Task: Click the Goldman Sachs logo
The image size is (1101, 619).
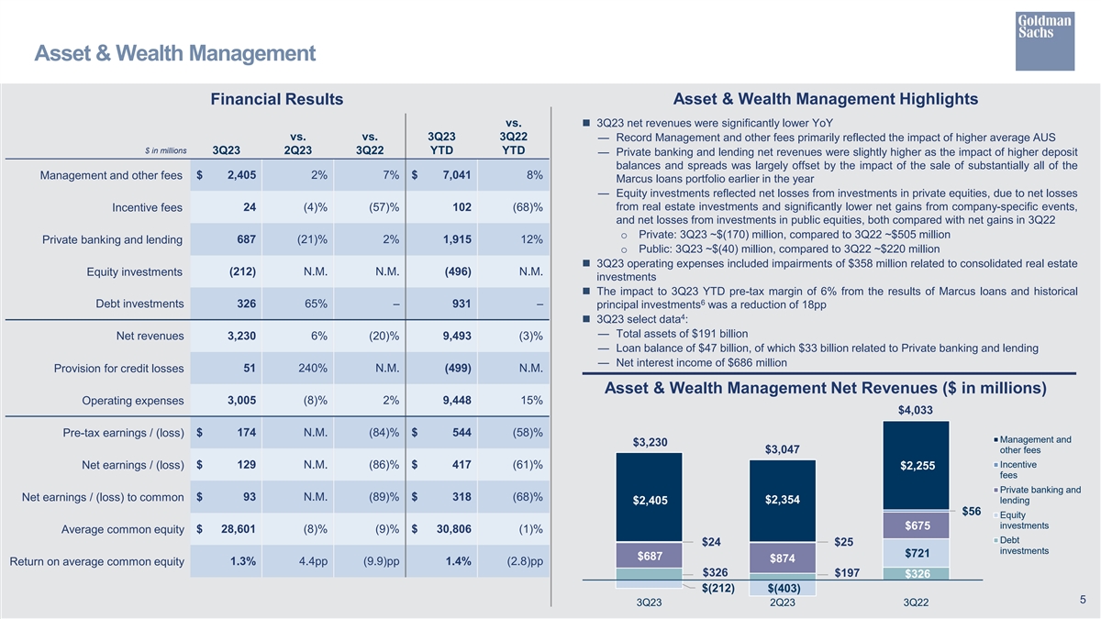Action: [1044, 40]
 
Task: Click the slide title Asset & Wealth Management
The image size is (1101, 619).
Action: [174, 54]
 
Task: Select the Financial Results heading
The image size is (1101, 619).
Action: [277, 99]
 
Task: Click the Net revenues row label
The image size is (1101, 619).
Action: [151, 336]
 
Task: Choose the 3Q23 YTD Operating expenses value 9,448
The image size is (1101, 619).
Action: [456, 400]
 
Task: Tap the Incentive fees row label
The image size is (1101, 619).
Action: [147, 207]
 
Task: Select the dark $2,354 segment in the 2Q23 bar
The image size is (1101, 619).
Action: [782, 500]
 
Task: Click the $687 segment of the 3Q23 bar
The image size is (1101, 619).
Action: [650, 556]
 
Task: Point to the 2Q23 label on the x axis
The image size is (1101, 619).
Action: [782, 602]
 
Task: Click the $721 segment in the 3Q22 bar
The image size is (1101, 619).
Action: [916, 553]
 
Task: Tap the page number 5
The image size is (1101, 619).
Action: [1083, 600]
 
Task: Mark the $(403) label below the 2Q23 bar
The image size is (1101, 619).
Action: [783, 588]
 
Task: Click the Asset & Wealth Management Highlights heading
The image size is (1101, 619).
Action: [826, 99]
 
